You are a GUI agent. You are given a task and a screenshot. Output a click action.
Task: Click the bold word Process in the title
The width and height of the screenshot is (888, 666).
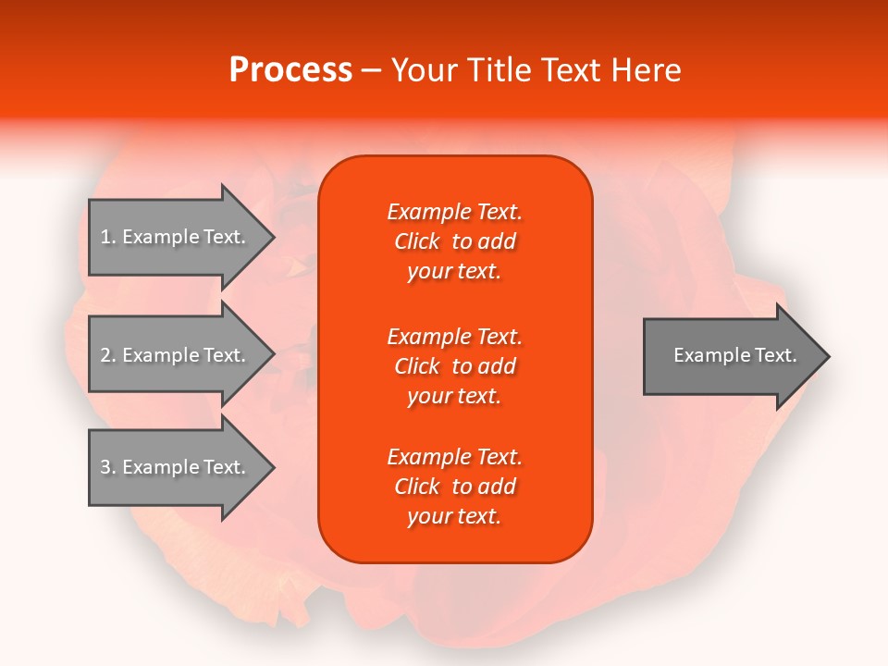coord(290,70)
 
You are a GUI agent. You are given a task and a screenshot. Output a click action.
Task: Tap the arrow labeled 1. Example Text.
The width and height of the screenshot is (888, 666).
coord(176,237)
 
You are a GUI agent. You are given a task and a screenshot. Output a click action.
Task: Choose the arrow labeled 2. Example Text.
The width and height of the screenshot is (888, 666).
coord(176,355)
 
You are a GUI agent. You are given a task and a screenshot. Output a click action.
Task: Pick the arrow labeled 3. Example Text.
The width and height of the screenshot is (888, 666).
coord(176,467)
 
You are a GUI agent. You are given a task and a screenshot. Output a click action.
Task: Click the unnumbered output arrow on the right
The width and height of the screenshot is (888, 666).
coord(731,356)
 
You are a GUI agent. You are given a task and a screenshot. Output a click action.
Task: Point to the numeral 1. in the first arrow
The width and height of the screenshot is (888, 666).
coord(108,237)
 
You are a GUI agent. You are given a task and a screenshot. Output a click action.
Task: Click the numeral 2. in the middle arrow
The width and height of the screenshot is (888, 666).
coord(108,355)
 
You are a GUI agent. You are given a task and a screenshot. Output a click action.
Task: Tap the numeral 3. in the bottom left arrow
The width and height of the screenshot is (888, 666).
coord(108,467)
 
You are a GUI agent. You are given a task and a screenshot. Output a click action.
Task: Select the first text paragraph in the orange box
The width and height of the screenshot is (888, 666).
coord(455,241)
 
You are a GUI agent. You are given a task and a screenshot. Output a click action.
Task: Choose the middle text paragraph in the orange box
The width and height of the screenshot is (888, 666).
coord(455,366)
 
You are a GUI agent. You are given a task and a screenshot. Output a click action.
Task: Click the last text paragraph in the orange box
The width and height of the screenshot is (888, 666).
coord(455,487)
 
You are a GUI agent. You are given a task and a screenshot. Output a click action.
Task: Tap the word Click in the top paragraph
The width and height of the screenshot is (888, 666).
coord(417,241)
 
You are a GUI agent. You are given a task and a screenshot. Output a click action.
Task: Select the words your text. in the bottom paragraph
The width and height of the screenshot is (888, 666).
coord(454,516)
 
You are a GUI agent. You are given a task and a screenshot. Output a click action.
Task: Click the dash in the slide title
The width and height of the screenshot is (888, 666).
coord(372,70)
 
